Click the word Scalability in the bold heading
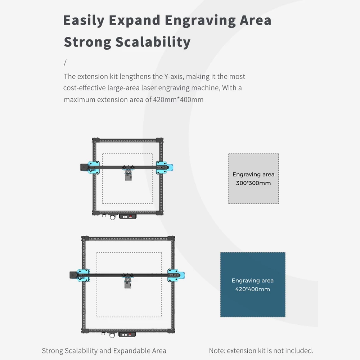tap(153, 42)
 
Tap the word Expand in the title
tap(135, 21)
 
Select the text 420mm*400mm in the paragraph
tap(178, 100)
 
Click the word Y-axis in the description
tap(174, 76)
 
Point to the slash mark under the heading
tap(65, 63)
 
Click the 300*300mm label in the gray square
tap(253, 183)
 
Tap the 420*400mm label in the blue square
tap(253, 289)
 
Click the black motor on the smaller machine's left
tap(84, 167)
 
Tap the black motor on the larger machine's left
tap(73, 275)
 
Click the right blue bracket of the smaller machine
tap(165, 168)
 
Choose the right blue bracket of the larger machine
tap(176, 275)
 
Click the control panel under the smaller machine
tap(128, 217)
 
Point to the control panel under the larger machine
tap(127, 335)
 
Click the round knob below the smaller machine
tap(112, 217)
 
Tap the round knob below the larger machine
tap(112, 336)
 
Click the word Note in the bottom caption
tap(217, 351)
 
